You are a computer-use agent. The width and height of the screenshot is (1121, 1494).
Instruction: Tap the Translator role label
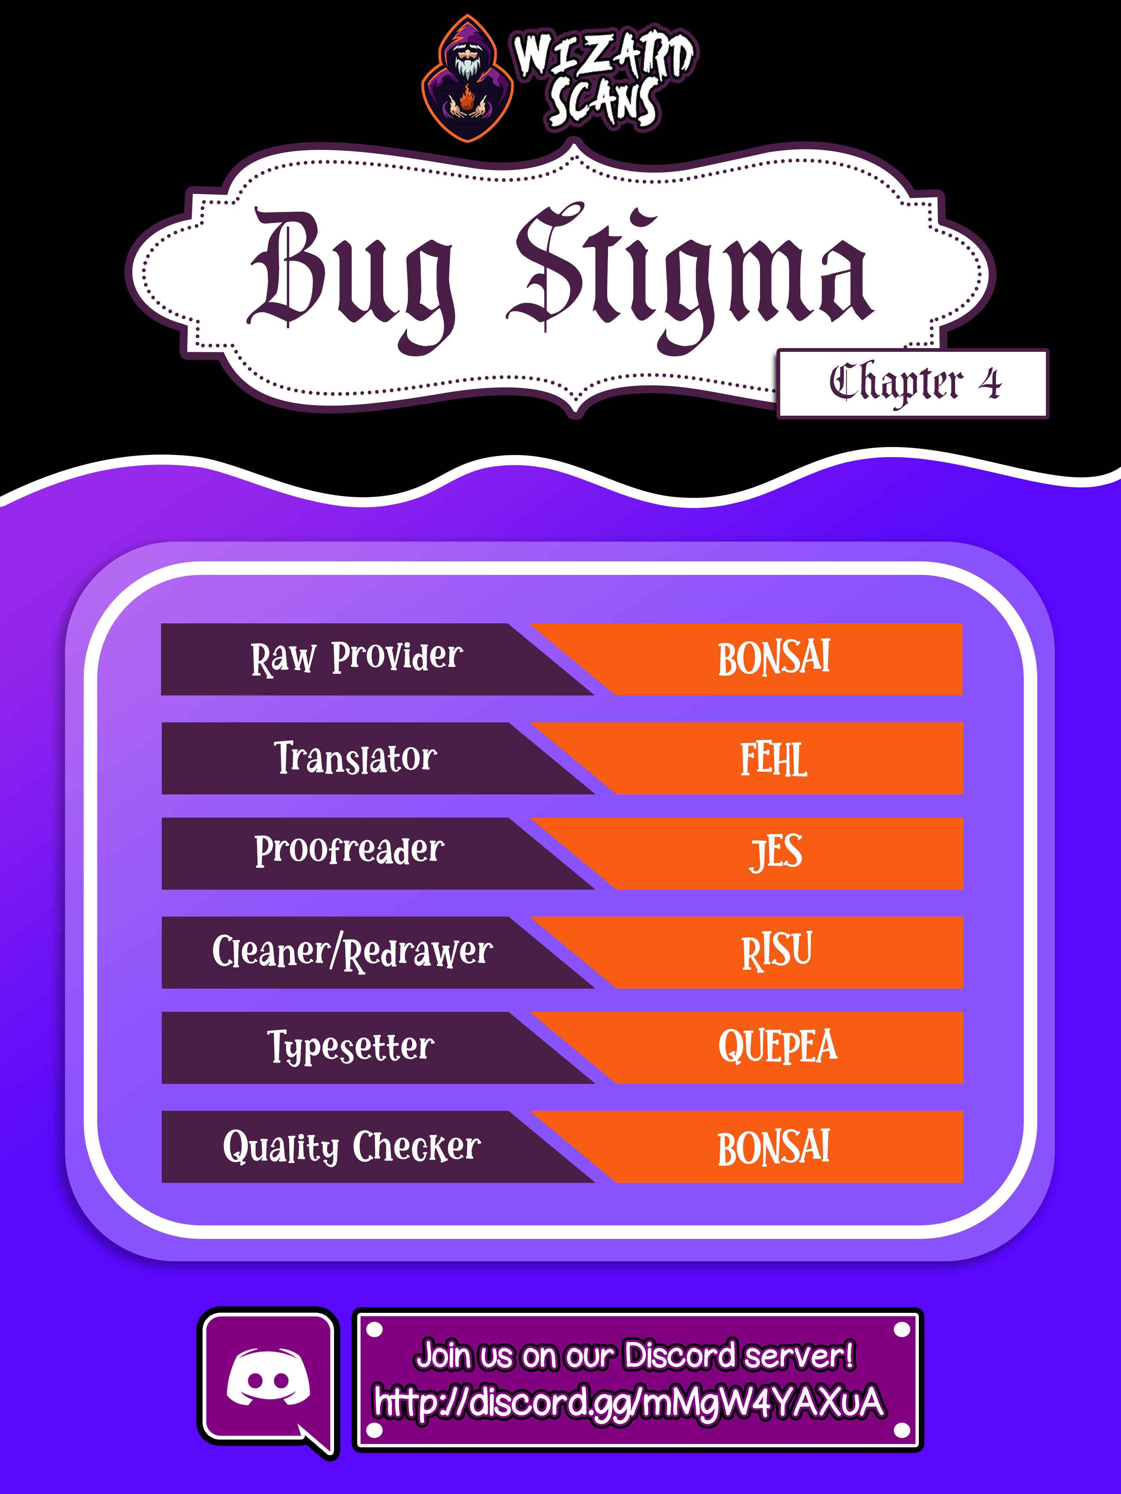point(355,758)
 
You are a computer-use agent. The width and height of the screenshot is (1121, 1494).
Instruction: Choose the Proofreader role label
point(349,851)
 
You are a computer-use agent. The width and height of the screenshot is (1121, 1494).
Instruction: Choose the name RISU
point(776,952)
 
